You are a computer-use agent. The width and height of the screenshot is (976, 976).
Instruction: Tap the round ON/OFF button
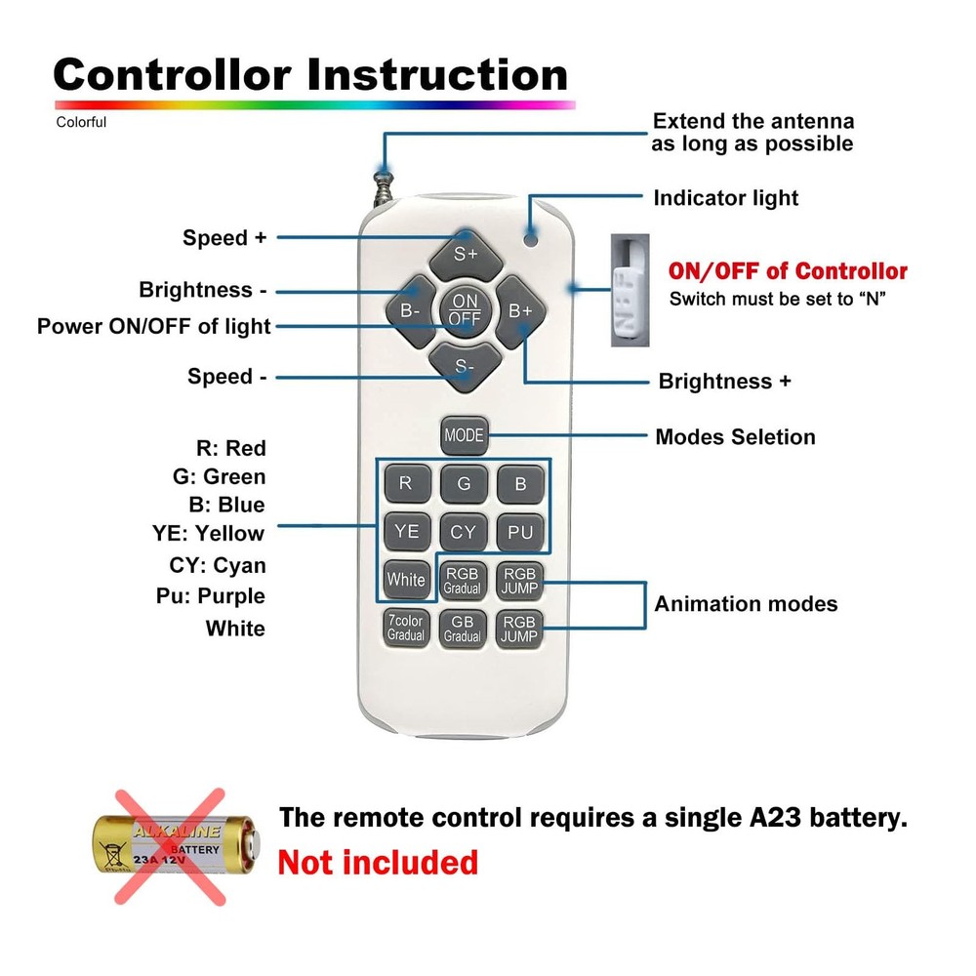[465, 309]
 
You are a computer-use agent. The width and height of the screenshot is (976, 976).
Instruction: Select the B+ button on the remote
[519, 310]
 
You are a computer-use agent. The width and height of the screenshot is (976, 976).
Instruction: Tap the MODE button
[464, 435]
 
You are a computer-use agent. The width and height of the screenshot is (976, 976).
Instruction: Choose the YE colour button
[406, 531]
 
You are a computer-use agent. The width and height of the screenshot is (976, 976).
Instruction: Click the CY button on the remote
[464, 531]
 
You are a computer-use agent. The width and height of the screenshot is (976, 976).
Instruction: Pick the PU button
[520, 531]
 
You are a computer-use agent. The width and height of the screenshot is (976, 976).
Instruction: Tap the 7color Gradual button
[406, 628]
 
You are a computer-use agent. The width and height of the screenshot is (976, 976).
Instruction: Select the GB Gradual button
[464, 628]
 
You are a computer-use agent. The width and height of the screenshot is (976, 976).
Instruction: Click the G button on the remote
[464, 483]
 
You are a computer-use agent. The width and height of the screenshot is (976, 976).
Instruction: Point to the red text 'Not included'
[378, 863]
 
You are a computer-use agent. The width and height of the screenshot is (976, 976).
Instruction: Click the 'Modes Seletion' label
[735, 436]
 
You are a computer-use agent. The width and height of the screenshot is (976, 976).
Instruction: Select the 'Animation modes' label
[746, 603]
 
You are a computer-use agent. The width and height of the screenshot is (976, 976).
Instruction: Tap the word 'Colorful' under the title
[81, 122]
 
